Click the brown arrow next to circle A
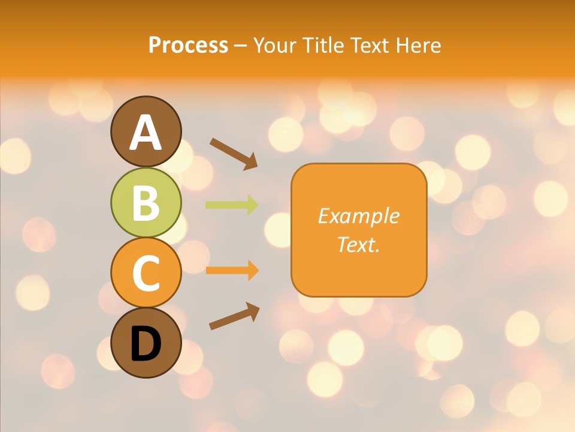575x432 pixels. click(x=234, y=154)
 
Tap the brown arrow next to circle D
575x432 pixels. click(x=234, y=316)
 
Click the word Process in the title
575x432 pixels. click(x=188, y=45)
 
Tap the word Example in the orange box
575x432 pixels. click(x=359, y=216)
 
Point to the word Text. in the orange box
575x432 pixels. click(x=359, y=244)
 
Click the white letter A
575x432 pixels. click(x=146, y=133)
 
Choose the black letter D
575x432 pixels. click(x=146, y=344)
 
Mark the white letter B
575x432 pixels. click(x=146, y=203)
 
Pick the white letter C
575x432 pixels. click(x=146, y=272)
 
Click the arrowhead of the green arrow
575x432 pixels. click(x=253, y=205)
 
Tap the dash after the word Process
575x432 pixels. click(x=240, y=46)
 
